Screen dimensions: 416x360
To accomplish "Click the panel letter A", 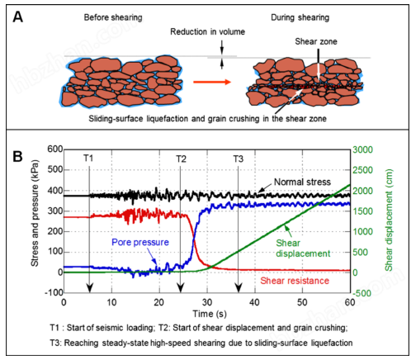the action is [x=18, y=17].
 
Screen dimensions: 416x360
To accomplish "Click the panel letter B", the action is [x=18, y=157].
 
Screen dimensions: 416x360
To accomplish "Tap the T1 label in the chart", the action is [x=88, y=159].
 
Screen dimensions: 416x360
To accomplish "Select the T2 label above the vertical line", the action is [x=181, y=159].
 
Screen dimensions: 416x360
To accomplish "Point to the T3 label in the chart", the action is [x=239, y=159].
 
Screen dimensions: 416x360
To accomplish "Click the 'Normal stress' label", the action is [x=302, y=182].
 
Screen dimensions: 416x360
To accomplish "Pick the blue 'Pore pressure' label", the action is [x=140, y=242].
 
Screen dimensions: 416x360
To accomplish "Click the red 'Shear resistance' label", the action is [x=295, y=281].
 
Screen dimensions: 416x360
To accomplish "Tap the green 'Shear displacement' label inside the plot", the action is [x=303, y=249].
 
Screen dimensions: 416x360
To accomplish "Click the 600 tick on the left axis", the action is [x=55, y=149].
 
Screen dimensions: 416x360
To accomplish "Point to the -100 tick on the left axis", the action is [x=54, y=293].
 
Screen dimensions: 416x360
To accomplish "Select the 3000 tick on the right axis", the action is [x=362, y=150].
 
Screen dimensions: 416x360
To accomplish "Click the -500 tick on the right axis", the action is [x=362, y=293].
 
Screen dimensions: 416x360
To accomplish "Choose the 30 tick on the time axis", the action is [x=207, y=302].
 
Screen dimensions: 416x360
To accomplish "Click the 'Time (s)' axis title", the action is [x=210, y=314].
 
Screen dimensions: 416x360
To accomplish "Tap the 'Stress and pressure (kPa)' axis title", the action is [x=35, y=213].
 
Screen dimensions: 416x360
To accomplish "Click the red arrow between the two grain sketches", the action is [x=212, y=82].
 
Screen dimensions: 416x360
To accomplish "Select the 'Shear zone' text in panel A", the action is [x=316, y=41].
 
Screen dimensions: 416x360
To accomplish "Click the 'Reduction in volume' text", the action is [x=208, y=32].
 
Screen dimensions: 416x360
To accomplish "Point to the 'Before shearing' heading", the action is [x=113, y=17].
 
